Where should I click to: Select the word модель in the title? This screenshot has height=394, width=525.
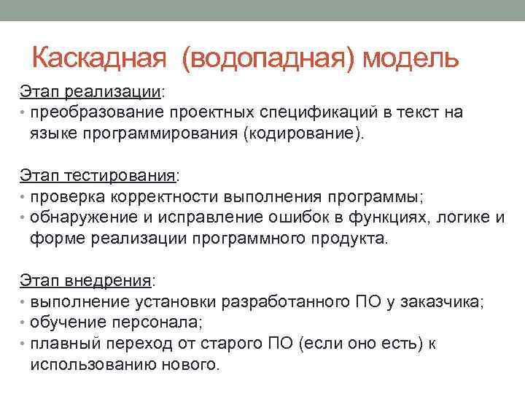coord(411,58)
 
